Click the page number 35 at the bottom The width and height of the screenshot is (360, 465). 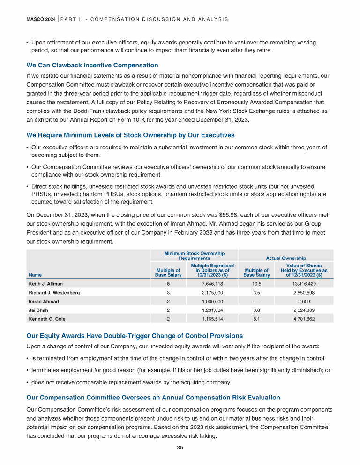coord(180,447)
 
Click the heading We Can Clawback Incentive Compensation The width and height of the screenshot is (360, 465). coord(92,65)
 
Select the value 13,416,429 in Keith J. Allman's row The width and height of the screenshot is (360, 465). coord(304,284)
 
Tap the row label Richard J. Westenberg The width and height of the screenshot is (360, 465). coord(54,293)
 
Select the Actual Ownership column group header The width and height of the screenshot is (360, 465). coord(286,258)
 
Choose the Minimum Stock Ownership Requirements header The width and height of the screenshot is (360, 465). coord(194,256)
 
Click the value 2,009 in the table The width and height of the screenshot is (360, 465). coord(304,301)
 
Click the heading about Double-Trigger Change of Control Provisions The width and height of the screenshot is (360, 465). coord(135,336)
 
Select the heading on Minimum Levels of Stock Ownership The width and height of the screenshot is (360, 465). coord(131,135)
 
